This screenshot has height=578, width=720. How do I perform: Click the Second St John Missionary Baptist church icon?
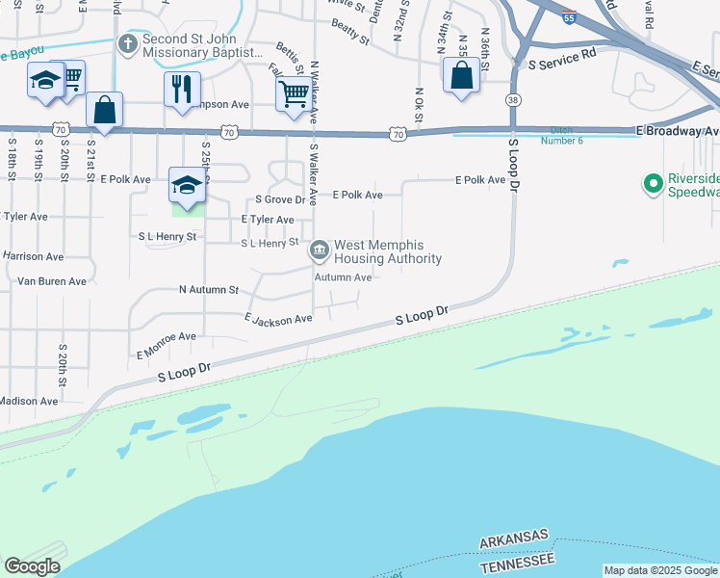pyautogui.click(x=127, y=44)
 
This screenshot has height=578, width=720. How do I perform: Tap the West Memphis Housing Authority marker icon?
pyautogui.click(x=319, y=251)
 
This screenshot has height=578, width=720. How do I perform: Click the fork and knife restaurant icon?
pyautogui.click(x=182, y=91)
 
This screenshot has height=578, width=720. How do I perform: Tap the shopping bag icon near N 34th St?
pyautogui.click(x=461, y=75)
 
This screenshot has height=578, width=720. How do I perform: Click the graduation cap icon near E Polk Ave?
pyautogui.click(x=186, y=185)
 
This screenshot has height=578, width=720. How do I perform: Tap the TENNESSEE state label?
pyautogui.click(x=518, y=561)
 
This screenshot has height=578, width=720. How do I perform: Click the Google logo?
pyautogui.click(x=32, y=566)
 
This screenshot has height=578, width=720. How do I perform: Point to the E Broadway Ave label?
pyautogui.click(x=677, y=130)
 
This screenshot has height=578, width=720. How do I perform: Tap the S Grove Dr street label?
pyautogui.click(x=280, y=200)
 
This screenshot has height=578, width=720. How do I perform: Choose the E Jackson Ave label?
pyautogui.click(x=278, y=318)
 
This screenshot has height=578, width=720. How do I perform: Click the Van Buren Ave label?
pyautogui.click(x=52, y=281)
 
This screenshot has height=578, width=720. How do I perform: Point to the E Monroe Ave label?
pyautogui.click(x=167, y=343)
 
